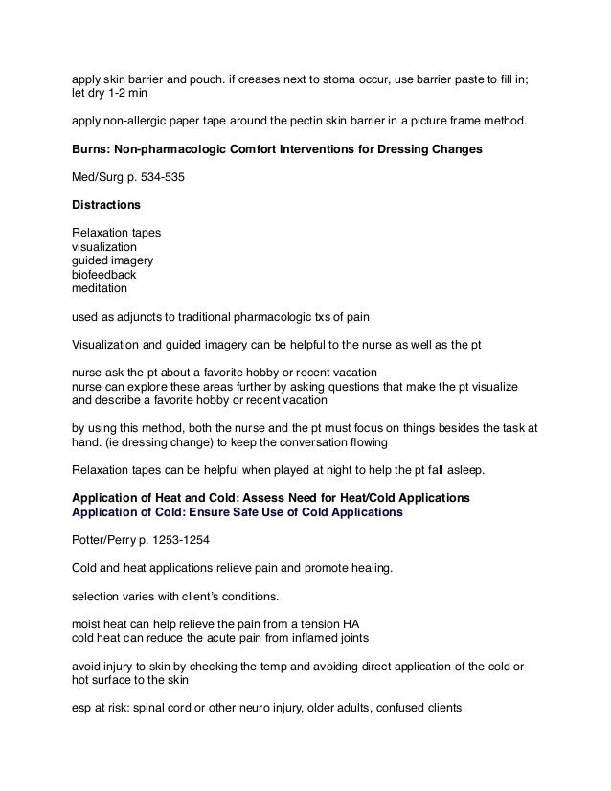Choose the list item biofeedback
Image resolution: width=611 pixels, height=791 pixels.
pyautogui.click(x=104, y=274)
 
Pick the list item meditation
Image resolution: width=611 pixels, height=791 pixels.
pyautogui.click(x=100, y=287)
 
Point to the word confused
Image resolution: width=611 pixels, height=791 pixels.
pyautogui.click(x=410, y=710)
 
